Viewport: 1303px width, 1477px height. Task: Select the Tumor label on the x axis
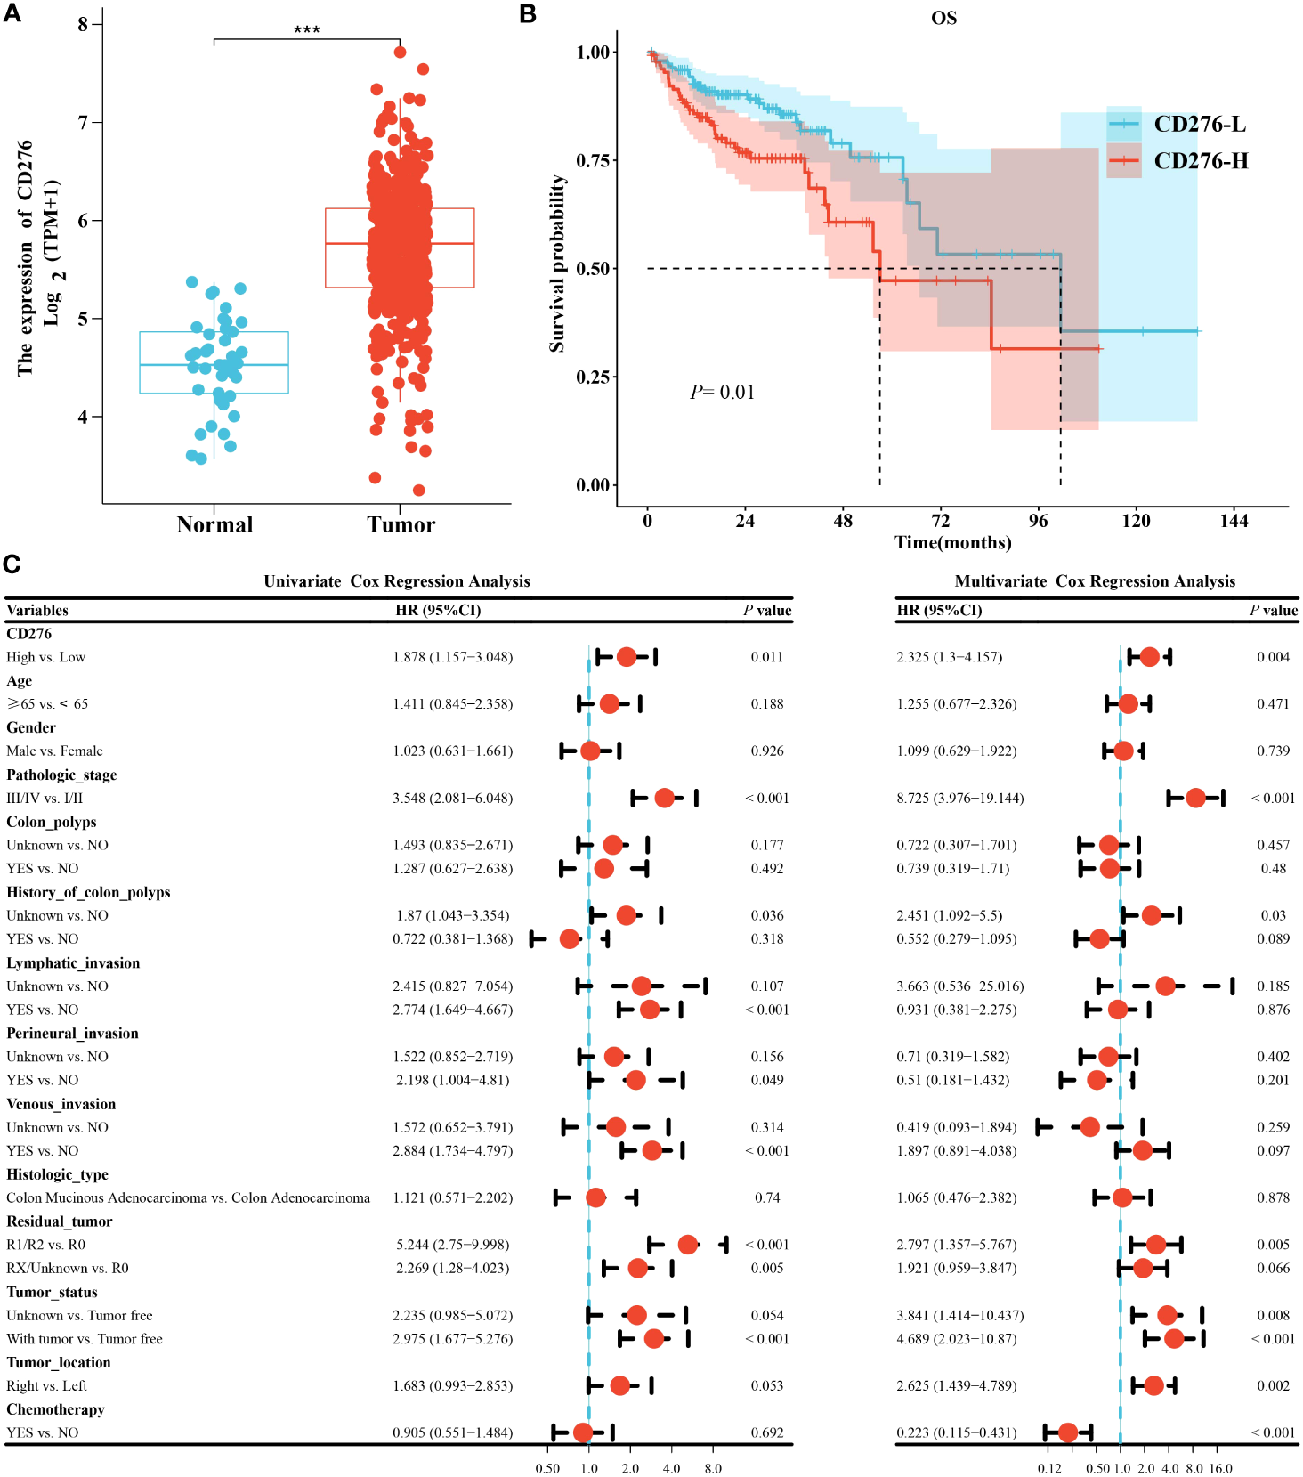[x=401, y=525]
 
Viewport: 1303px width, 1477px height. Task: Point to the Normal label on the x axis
[x=214, y=525]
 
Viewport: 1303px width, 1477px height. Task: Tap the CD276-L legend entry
[x=1199, y=125]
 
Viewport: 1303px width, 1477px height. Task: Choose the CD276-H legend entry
[x=1201, y=161]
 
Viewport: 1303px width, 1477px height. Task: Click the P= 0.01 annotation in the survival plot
[x=722, y=393]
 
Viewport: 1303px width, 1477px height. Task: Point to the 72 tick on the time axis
[x=941, y=522]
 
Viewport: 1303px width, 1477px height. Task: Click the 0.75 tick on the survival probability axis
[x=593, y=160]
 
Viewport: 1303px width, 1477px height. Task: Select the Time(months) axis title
[x=952, y=543]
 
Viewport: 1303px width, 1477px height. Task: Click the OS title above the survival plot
[x=943, y=18]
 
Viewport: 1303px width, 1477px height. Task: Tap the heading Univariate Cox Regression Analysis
[x=397, y=581]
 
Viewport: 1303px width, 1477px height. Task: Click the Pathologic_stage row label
[x=61, y=775]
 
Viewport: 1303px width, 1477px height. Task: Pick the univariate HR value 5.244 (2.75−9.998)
[x=453, y=1245]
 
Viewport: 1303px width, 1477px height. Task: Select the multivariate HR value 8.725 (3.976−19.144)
[x=960, y=799]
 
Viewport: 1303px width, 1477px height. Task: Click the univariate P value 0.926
[x=767, y=751]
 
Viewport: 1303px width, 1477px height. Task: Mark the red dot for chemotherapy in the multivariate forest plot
[x=1068, y=1432]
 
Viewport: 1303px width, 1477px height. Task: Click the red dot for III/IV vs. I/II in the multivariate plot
[x=1195, y=798]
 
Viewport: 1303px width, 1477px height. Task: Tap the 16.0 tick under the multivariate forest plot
[x=1221, y=1468]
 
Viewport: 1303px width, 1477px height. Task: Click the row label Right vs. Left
[x=47, y=1386]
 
